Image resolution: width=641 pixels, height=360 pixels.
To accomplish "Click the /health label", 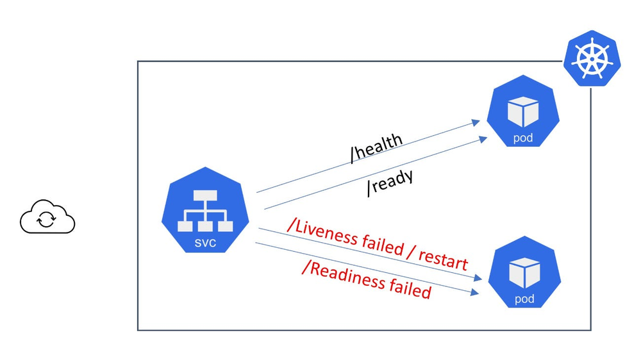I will point(376,148).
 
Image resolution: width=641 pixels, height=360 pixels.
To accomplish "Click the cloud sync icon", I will point(47,218).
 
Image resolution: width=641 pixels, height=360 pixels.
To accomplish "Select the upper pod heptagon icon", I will point(522,116).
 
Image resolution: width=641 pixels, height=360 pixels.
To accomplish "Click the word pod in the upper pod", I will point(522,138).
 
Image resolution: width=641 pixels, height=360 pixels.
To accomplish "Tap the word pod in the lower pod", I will point(524,299).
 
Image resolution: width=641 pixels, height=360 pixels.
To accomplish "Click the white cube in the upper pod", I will point(522,111).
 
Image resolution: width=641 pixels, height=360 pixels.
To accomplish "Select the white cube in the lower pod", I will point(524,272).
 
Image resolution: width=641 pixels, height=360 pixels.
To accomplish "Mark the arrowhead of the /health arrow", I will point(476,121).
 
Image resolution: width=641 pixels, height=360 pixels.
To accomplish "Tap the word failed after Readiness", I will point(409,287).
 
